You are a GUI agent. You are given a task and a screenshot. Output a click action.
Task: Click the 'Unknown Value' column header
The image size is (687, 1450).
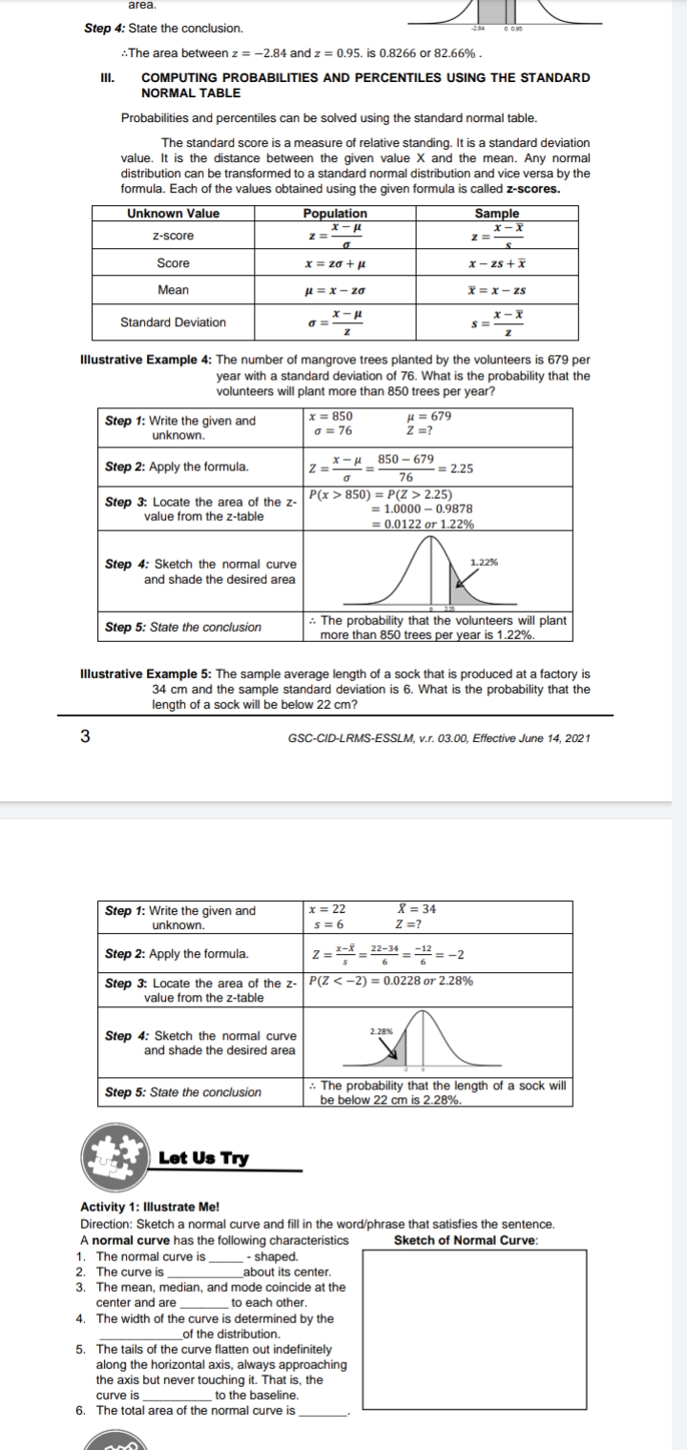[173, 214]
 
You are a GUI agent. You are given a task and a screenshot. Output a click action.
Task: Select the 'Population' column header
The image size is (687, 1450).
[335, 214]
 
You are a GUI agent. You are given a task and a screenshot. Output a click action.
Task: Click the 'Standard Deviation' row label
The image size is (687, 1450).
[173, 322]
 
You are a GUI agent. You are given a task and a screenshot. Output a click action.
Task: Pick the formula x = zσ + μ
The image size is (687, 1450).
[335, 263]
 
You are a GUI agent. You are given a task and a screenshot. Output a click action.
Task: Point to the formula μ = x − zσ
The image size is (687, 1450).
[335, 290]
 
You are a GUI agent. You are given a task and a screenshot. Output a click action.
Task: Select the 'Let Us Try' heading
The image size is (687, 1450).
[203, 1158]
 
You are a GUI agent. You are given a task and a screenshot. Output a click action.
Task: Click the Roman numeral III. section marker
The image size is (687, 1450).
[107, 77]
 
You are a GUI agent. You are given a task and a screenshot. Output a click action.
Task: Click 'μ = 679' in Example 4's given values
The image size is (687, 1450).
[428, 417]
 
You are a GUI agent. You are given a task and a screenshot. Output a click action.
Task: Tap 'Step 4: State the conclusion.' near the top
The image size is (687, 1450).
[163, 29]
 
